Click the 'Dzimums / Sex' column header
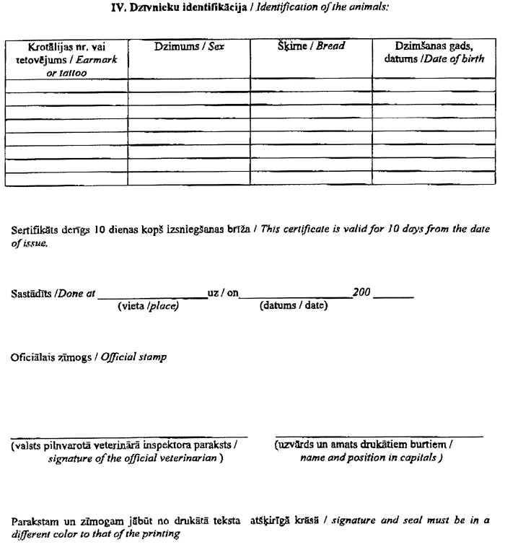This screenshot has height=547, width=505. click(x=188, y=46)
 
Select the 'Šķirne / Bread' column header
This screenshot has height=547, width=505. click(x=311, y=46)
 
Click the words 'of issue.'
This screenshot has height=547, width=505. click(x=30, y=244)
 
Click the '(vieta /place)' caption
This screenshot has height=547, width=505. click(x=148, y=307)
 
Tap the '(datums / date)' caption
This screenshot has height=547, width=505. click(x=294, y=307)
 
